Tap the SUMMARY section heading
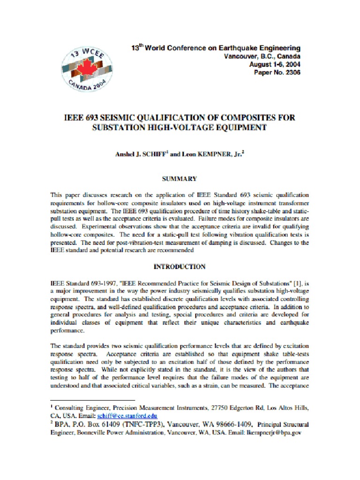pos(180,179)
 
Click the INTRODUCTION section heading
pos(180,267)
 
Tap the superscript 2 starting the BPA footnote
pos(52,422)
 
